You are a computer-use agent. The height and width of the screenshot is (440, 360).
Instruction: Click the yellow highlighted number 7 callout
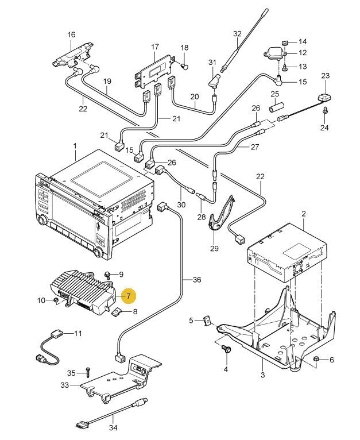[129, 296]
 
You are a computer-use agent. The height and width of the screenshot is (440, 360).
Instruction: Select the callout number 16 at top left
[71, 36]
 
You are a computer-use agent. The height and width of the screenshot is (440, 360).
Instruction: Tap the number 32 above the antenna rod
[238, 34]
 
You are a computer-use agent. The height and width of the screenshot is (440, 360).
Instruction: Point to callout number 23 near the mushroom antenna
[326, 76]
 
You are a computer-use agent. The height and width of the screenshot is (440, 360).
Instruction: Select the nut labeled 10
[56, 300]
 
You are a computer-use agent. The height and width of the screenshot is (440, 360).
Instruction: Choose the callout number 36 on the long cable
[197, 280]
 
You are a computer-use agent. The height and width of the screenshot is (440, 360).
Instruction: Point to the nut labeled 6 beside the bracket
[316, 360]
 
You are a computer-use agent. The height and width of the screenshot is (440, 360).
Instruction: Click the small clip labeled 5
[207, 321]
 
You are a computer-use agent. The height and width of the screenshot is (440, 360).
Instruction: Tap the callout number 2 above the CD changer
[304, 214]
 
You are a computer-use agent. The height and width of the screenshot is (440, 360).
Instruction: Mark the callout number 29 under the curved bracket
[215, 248]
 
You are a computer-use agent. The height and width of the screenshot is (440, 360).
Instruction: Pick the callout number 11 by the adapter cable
[78, 333]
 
